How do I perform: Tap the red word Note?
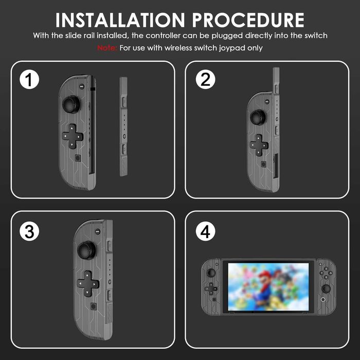107,48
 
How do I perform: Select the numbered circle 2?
205,80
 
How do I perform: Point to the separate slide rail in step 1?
123,126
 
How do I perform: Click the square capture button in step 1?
77,158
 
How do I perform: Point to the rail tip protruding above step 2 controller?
276,77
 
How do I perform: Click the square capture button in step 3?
93,305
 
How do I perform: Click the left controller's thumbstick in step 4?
210,273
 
